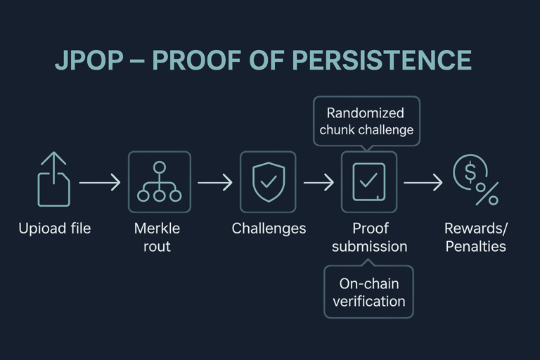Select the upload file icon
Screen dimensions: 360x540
coord(54,181)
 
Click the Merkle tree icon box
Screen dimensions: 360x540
coord(159,182)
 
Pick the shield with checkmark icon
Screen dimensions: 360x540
coord(268,181)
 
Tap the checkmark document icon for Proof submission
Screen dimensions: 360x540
coord(369,181)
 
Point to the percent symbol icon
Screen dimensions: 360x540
coord(487,194)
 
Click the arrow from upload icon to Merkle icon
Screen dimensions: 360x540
coord(99,183)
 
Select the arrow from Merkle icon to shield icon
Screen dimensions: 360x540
coord(214,183)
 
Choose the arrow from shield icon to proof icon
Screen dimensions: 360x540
coord(319,183)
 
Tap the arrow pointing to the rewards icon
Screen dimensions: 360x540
coord(423,183)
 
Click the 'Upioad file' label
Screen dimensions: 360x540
coord(54,229)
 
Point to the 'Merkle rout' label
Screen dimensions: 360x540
coord(157,238)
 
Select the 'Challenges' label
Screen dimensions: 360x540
coord(269,229)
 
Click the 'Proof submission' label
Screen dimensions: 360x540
coord(369,238)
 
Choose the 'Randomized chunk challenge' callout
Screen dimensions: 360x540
coord(366,121)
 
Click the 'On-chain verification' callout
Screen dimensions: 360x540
coord(368,292)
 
